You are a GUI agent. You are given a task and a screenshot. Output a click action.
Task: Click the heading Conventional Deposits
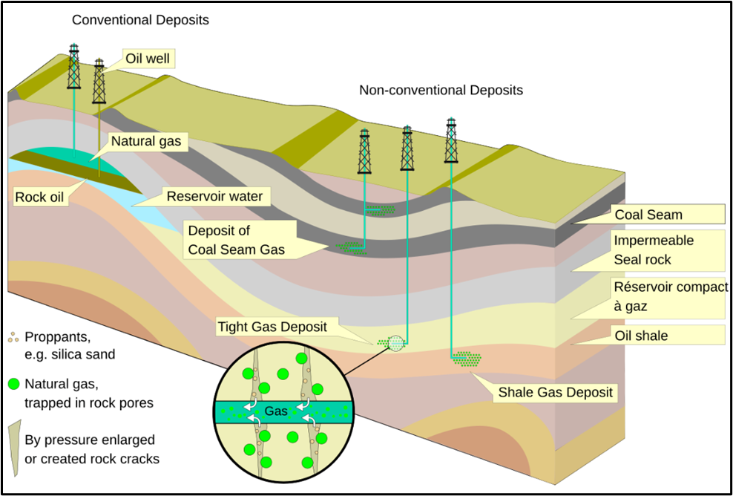click(x=140, y=20)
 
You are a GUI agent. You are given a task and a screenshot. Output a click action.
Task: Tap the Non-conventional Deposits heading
click(x=441, y=91)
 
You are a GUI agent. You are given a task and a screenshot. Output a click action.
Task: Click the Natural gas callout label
click(x=145, y=140)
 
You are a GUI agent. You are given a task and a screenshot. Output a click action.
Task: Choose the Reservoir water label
click(x=214, y=197)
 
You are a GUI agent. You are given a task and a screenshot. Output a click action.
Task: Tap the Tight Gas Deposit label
click(x=272, y=326)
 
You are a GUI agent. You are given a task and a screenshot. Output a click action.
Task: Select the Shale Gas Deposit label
click(x=556, y=392)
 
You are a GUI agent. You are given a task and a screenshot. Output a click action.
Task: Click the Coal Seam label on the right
click(x=648, y=215)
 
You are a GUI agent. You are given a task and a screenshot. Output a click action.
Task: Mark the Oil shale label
click(x=641, y=336)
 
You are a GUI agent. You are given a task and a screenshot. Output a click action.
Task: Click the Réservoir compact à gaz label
click(x=671, y=296)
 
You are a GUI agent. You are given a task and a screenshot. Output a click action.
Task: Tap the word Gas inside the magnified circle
click(x=276, y=411)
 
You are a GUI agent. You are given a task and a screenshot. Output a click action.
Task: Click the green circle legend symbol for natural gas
click(x=13, y=385)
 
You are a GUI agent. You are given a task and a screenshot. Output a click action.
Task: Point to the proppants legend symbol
click(x=13, y=339)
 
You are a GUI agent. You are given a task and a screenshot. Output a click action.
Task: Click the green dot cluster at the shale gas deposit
click(x=467, y=359)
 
